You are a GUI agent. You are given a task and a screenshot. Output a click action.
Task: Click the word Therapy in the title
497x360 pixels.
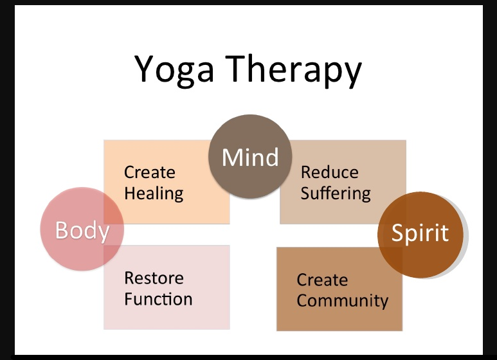(296, 69)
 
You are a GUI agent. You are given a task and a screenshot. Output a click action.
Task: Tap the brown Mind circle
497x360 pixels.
(250, 157)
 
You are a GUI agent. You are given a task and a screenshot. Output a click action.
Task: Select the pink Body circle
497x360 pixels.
(82, 230)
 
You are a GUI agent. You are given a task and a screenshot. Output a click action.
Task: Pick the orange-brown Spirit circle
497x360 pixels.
(420, 233)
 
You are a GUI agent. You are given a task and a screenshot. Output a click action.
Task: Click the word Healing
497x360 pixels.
(154, 193)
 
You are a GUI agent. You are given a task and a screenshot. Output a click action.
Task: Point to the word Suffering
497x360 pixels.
(336, 193)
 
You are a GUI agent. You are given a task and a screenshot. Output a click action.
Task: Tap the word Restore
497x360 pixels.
(154, 278)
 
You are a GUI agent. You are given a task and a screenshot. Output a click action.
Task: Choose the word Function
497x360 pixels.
(158, 299)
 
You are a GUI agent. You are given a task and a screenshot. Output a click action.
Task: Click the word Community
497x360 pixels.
(343, 300)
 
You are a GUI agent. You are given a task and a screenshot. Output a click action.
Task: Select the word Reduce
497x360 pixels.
(330, 172)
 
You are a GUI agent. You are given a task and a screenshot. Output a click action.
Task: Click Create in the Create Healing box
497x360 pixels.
(149, 172)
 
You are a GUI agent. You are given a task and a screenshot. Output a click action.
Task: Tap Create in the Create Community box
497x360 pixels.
(322, 280)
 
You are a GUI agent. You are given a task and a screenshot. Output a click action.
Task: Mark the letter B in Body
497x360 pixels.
(61, 230)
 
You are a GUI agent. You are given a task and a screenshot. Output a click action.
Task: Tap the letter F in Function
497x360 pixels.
(129, 299)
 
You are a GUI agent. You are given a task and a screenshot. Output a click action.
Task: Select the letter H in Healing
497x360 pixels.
(130, 193)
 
